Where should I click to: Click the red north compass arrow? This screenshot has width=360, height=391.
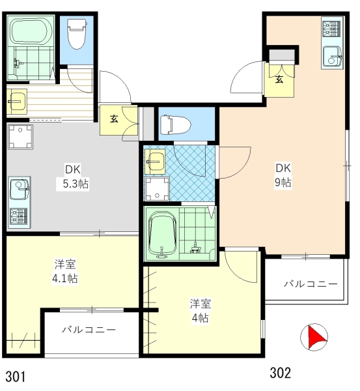coord(316,337)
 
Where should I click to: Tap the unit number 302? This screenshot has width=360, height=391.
coord(281,373)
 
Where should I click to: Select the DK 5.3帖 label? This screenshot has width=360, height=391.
coord(74,177)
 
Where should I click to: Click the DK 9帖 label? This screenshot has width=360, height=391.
coord(283,175)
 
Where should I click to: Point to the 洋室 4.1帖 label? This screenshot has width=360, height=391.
coord(65,271)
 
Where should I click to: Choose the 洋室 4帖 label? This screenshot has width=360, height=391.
coord(201,310)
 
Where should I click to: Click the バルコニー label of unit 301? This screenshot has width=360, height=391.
coord(89,330)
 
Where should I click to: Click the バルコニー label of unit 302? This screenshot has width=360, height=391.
coord(311,283)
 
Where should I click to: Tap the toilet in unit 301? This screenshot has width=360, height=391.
coord(77,34)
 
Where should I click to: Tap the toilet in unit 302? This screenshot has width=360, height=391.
coord(175,124)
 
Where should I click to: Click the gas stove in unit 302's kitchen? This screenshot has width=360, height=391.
coord(332,29)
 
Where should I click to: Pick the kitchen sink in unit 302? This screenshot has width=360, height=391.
coord(333,56)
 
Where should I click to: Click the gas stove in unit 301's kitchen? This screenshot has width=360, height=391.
coord(19,216)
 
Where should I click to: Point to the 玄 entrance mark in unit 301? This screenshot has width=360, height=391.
coord(114,119)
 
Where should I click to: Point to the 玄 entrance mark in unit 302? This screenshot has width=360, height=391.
coord(279,79)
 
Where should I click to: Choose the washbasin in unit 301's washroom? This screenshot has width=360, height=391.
coord(17,102)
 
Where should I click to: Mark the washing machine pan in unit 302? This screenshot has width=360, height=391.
coord(157,189)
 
